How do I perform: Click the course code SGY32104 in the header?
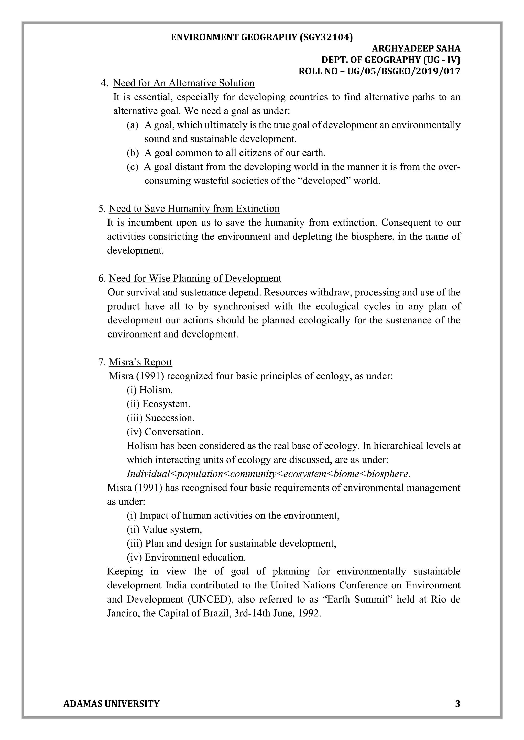point(326,37)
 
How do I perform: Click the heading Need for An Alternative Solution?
point(184,83)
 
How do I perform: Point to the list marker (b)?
point(132,153)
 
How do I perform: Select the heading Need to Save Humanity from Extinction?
point(194,209)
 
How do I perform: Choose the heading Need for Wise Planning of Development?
point(195,279)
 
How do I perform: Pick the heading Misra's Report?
point(140,362)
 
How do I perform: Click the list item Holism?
point(156,390)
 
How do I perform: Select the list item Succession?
point(170,418)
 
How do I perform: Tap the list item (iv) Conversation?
point(165,432)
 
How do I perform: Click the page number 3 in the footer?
point(457,704)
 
